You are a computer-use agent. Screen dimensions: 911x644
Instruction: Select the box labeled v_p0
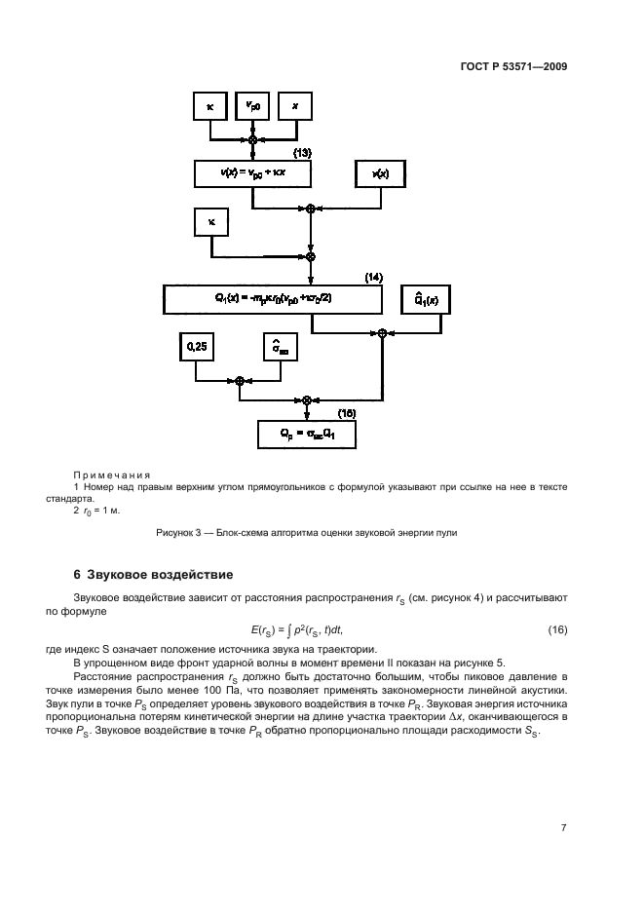point(252,106)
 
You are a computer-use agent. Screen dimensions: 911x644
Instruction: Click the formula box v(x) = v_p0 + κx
point(251,173)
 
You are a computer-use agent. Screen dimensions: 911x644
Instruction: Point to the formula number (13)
point(302,153)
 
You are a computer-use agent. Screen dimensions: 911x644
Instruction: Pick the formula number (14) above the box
point(374,278)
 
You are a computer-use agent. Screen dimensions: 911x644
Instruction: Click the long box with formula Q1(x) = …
point(273,299)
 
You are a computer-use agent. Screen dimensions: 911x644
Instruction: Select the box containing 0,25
point(196,346)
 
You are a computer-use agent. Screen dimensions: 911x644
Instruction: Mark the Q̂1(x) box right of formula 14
point(427,299)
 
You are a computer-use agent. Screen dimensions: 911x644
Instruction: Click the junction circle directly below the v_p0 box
point(253,140)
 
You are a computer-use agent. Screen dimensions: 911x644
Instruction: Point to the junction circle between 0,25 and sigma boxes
point(239,381)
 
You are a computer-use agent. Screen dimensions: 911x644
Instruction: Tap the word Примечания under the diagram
point(108,474)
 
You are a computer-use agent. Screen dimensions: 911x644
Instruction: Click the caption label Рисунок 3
point(182,533)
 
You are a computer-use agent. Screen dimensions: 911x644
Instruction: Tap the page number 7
point(563,828)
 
